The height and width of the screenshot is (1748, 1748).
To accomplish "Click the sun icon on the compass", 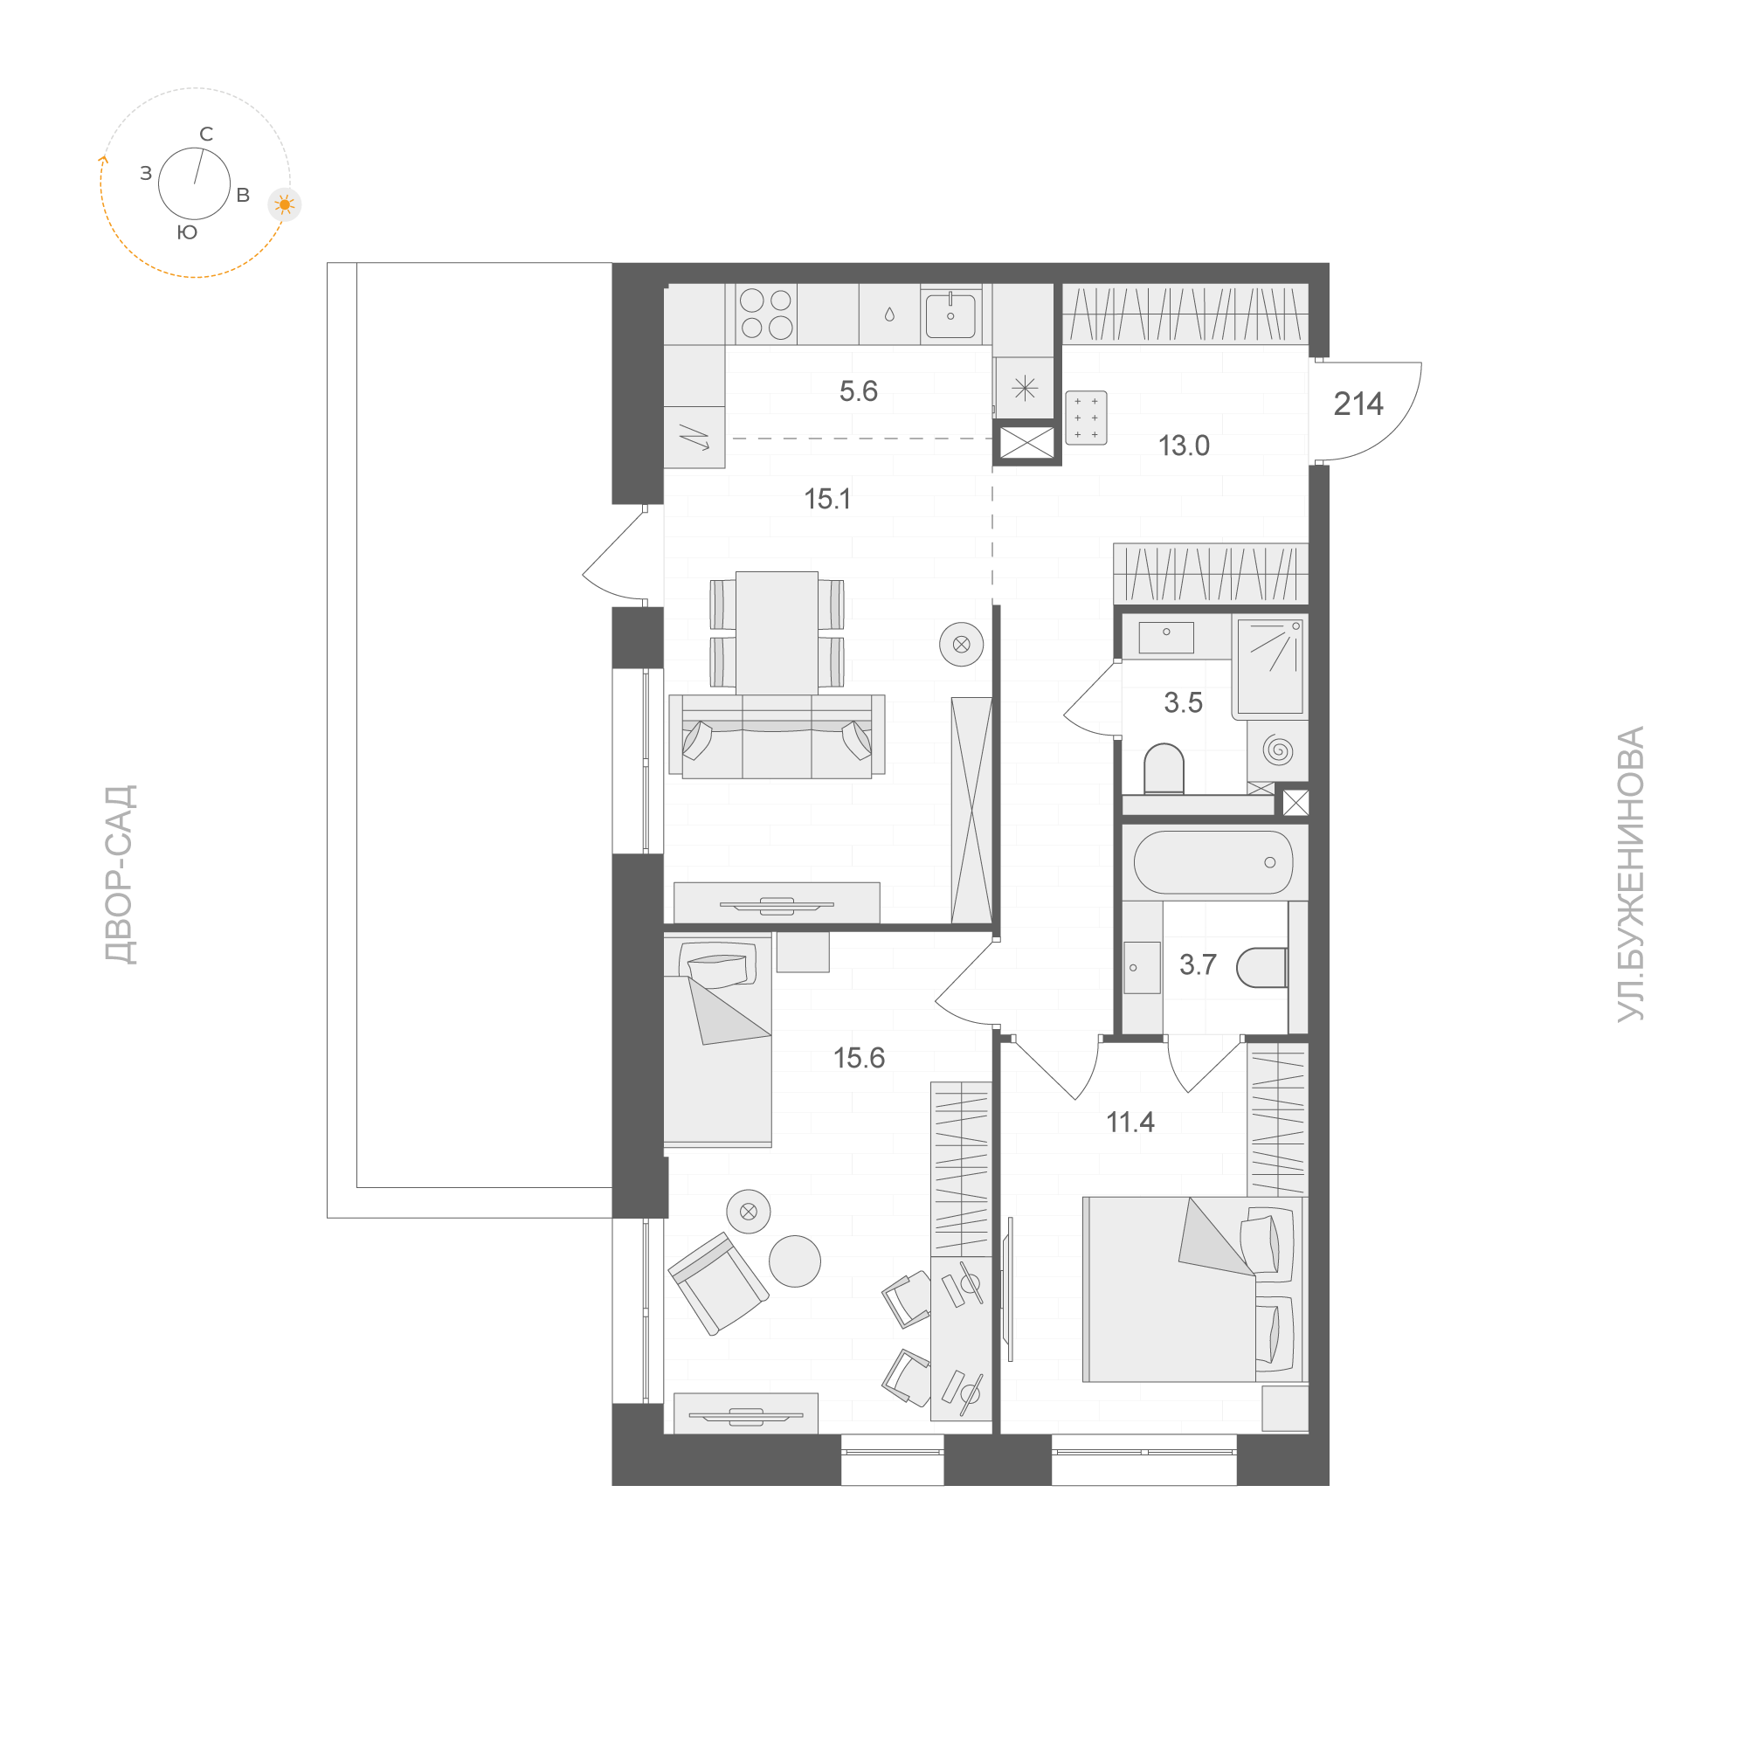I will pos(285,205).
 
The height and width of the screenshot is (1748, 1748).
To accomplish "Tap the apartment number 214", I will pos(1358,404).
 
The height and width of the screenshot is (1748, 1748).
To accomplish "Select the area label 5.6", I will pos(858,390).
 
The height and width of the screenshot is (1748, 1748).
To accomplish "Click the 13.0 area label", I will pos(1184,446).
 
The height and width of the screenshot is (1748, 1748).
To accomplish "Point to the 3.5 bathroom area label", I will pos(1183,703).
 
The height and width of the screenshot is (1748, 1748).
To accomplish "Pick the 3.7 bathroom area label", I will pos(1197,965).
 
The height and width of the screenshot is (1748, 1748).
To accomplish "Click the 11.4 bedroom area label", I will pos(1130,1123).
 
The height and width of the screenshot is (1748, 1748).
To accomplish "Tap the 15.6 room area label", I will pos(859,1058).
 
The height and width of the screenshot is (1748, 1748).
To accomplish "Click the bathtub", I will pos(1213,862).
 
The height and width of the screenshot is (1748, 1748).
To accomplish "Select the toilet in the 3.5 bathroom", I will pos(1164,768).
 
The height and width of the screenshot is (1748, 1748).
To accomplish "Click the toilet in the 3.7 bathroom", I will pos(1261,967).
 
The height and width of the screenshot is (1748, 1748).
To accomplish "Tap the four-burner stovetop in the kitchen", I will pos(765,313).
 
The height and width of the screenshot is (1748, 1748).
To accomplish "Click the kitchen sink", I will pos(950,314).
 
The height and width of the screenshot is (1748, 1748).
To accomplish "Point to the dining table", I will pos(777,632).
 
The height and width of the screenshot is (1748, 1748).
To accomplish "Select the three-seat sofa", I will pos(777,737).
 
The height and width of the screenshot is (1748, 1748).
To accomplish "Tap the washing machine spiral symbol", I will pos(1277,750).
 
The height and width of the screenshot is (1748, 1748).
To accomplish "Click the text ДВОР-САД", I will pos(121,875).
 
